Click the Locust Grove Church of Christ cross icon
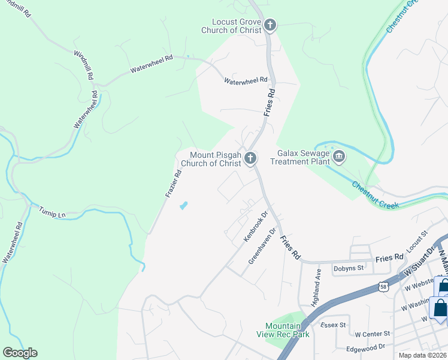coord(270,25)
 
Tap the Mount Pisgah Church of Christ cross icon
coord(250,158)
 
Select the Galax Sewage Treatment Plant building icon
coord(339,157)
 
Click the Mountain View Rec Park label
coord(287,329)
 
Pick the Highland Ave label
coord(317,287)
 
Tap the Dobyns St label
coord(349,268)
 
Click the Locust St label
coord(416,241)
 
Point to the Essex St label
coord(334,325)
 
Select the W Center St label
coord(372,334)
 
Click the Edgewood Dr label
coord(365,347)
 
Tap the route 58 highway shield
coord(382,287)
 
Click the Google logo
coord(20,353)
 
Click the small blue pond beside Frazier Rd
coord(183,205)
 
